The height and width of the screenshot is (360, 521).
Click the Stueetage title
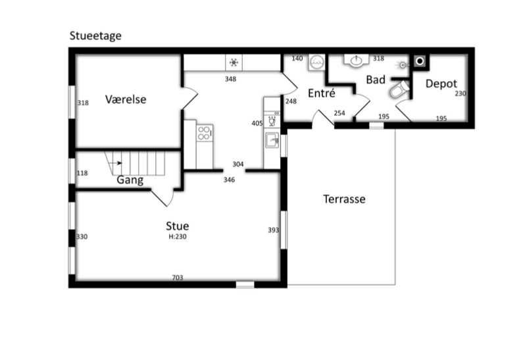[95, 36]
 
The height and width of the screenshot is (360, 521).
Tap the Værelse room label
[126, 99]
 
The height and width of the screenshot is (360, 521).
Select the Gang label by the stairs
[130, 180]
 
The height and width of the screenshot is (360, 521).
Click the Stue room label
[178, 226]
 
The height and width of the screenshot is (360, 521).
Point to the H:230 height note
[178, 237]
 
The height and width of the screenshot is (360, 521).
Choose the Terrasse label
[344, 199]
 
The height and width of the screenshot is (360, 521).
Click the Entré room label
[321, 93]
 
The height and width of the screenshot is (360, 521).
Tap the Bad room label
[376, 80]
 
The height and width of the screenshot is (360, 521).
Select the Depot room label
[441, 84]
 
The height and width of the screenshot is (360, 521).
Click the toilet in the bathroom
[399, 89]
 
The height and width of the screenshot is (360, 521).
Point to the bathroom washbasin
[357, 60]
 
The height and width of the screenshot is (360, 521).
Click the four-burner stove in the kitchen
[205, 134]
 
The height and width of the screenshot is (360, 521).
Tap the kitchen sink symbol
[272, 140]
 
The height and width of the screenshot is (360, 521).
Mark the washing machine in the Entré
[316, 62]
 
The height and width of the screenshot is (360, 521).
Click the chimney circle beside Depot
[420, 61]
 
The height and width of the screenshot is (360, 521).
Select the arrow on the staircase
[115, 163]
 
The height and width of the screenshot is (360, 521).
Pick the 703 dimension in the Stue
[178, 277]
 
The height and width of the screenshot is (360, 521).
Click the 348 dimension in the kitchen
[231, 79]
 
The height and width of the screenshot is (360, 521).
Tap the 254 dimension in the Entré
[339, 113]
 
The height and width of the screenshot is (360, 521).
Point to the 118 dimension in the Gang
[82, 173]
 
